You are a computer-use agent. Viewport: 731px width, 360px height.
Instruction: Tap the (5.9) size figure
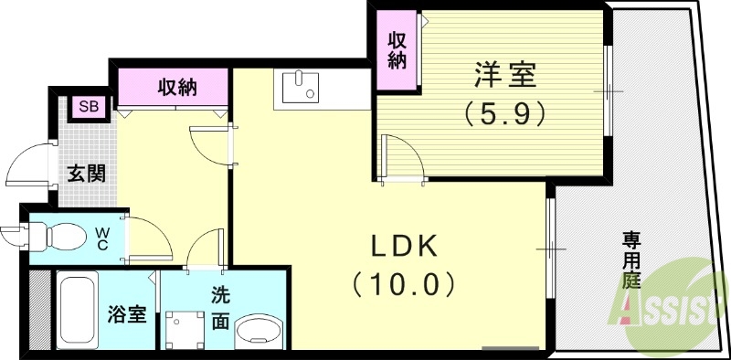[x=504, y=113]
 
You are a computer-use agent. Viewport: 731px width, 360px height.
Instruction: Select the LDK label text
[x=404, y=247]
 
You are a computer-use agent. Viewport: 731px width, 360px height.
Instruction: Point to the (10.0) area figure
[x=404, y=285]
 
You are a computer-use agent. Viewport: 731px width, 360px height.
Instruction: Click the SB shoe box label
[x=89, y=107]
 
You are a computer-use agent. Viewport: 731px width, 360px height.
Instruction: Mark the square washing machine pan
[x=188, y=328]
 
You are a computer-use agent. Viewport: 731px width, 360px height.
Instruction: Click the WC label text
[x=102, y=238]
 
